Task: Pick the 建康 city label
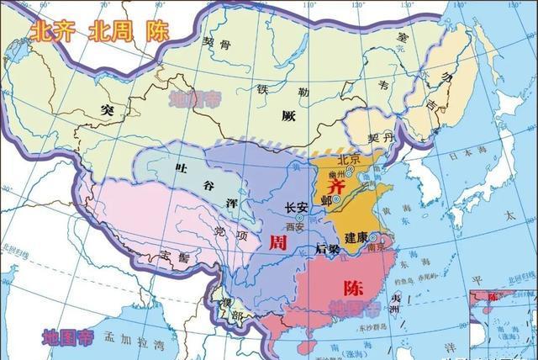[356, 238]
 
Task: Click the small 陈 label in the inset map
[487, 297]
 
